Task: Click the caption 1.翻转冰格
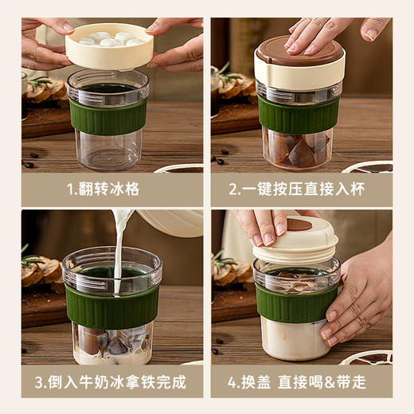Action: coord(111,189)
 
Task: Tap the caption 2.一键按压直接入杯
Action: coord(301,189)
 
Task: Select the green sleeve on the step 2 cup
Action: coord(299,115)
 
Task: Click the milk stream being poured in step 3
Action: coord(119,247)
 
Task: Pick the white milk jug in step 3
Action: coord(171,222)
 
